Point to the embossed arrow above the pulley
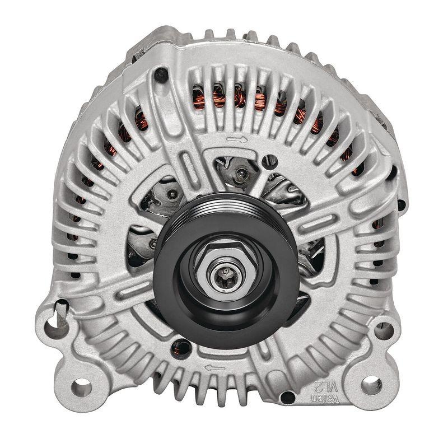(236, 139)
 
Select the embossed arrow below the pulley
(214, 367)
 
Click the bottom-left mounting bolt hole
(81, 386)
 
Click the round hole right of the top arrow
(272, 162)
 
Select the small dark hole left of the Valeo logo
(287, 398)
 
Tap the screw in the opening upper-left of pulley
(172, 194)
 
